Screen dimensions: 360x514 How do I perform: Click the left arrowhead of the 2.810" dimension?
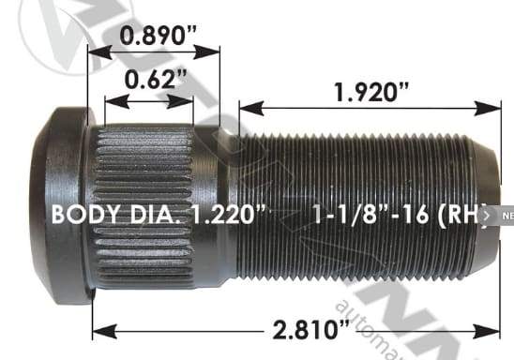click(x=98, y=329)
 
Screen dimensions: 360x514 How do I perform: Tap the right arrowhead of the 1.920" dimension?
click(x=493, y=108)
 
